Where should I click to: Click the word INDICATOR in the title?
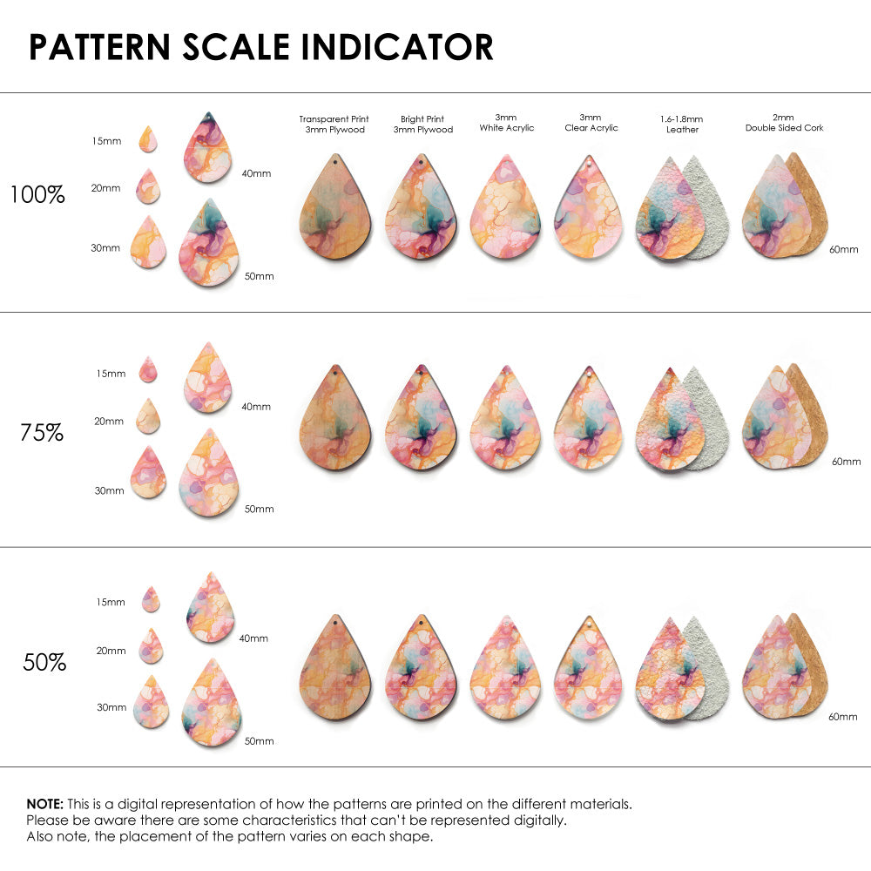tap(396, 47)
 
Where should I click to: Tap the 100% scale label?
tap(37, 194)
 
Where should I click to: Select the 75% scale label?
tap(42, 433)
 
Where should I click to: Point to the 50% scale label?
tap(44, 662)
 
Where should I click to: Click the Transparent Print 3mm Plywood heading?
tap(334, 124)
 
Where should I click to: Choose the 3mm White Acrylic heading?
tap(507, 123)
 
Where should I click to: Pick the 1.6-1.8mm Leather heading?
tap(682, 124)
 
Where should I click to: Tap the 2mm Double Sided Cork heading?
tap(785, 123)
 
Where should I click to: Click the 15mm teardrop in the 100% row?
tap(148, 138)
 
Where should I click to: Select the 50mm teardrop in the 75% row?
tap(209, 473)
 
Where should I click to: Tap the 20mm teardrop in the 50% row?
tap(151, 646)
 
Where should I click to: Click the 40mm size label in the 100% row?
tap(256, 173)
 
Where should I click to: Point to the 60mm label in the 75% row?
tap(846, 462)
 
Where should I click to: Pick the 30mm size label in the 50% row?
tap(111, 707)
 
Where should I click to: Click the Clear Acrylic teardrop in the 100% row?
tap(589, 207)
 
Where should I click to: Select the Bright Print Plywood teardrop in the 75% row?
tap(421, 418)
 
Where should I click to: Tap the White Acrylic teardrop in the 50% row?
tap(505, 667)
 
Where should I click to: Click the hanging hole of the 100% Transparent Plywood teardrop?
tap(335, 162)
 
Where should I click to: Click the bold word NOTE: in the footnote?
tap(45, 804)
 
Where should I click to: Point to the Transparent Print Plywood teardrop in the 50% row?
tap(335, 667)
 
